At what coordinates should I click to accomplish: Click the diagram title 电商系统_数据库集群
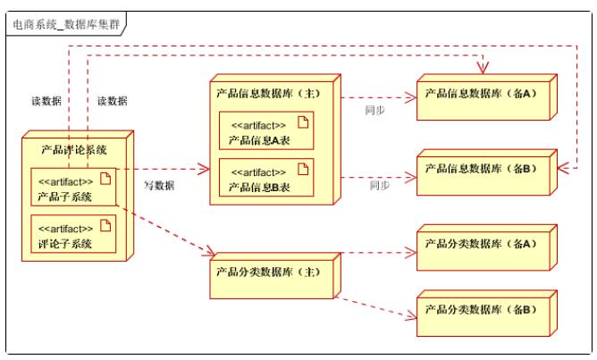[64, 23]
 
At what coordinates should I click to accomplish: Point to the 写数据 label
[159, 186]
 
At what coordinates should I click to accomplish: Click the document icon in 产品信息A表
[302, 122]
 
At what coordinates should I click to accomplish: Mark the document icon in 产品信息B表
[302, 169]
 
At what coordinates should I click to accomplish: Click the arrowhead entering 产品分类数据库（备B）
[413, 314]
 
